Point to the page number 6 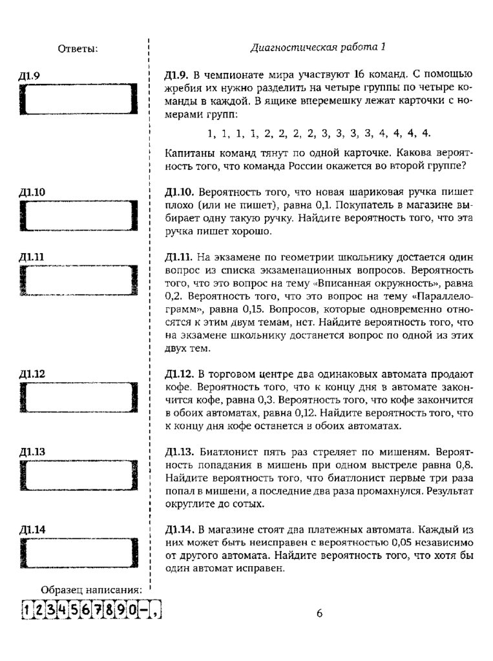(319, 613)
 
